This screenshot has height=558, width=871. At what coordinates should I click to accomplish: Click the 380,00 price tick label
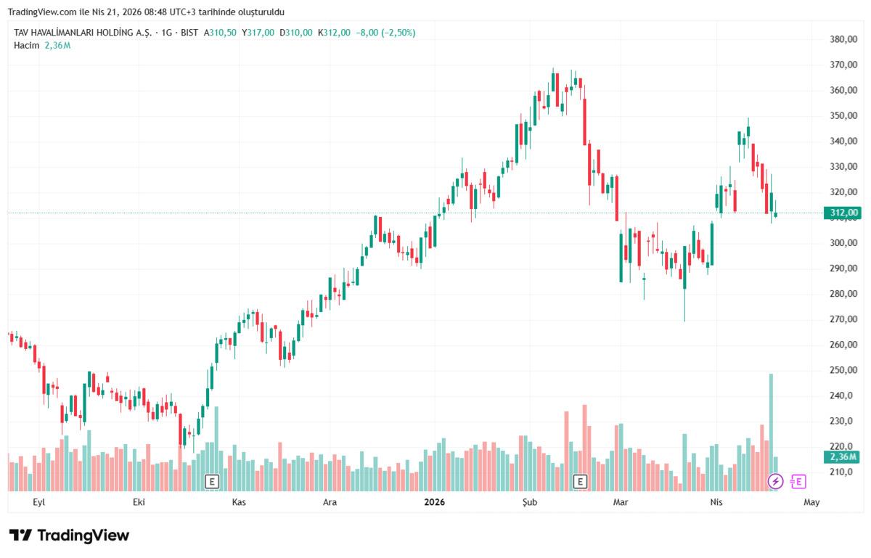[843, 39]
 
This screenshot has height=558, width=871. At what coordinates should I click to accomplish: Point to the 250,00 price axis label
[843, 370]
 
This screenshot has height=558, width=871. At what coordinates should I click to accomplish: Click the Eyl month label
[40, 502]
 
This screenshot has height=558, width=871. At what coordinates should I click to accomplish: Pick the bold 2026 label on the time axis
[435, 502]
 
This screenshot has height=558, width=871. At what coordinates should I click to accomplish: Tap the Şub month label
[531, 502]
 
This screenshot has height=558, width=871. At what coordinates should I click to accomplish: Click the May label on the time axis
[811, 502]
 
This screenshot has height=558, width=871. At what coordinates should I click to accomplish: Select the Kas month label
[239, 502]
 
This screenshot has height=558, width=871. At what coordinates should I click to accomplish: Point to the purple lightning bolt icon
[775, 481]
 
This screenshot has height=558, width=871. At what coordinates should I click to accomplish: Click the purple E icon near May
[798, 481]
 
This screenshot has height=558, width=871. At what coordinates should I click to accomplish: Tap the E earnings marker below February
[579, 481]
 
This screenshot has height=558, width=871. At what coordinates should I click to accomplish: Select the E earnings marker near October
[212, 481]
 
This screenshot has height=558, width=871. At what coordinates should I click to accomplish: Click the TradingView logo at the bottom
[69, 536]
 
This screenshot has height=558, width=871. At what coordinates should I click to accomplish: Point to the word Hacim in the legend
[27, 45]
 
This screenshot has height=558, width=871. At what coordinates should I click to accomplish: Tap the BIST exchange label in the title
[189, 33]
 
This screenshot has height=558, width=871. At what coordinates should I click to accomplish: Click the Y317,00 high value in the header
[258, 33]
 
